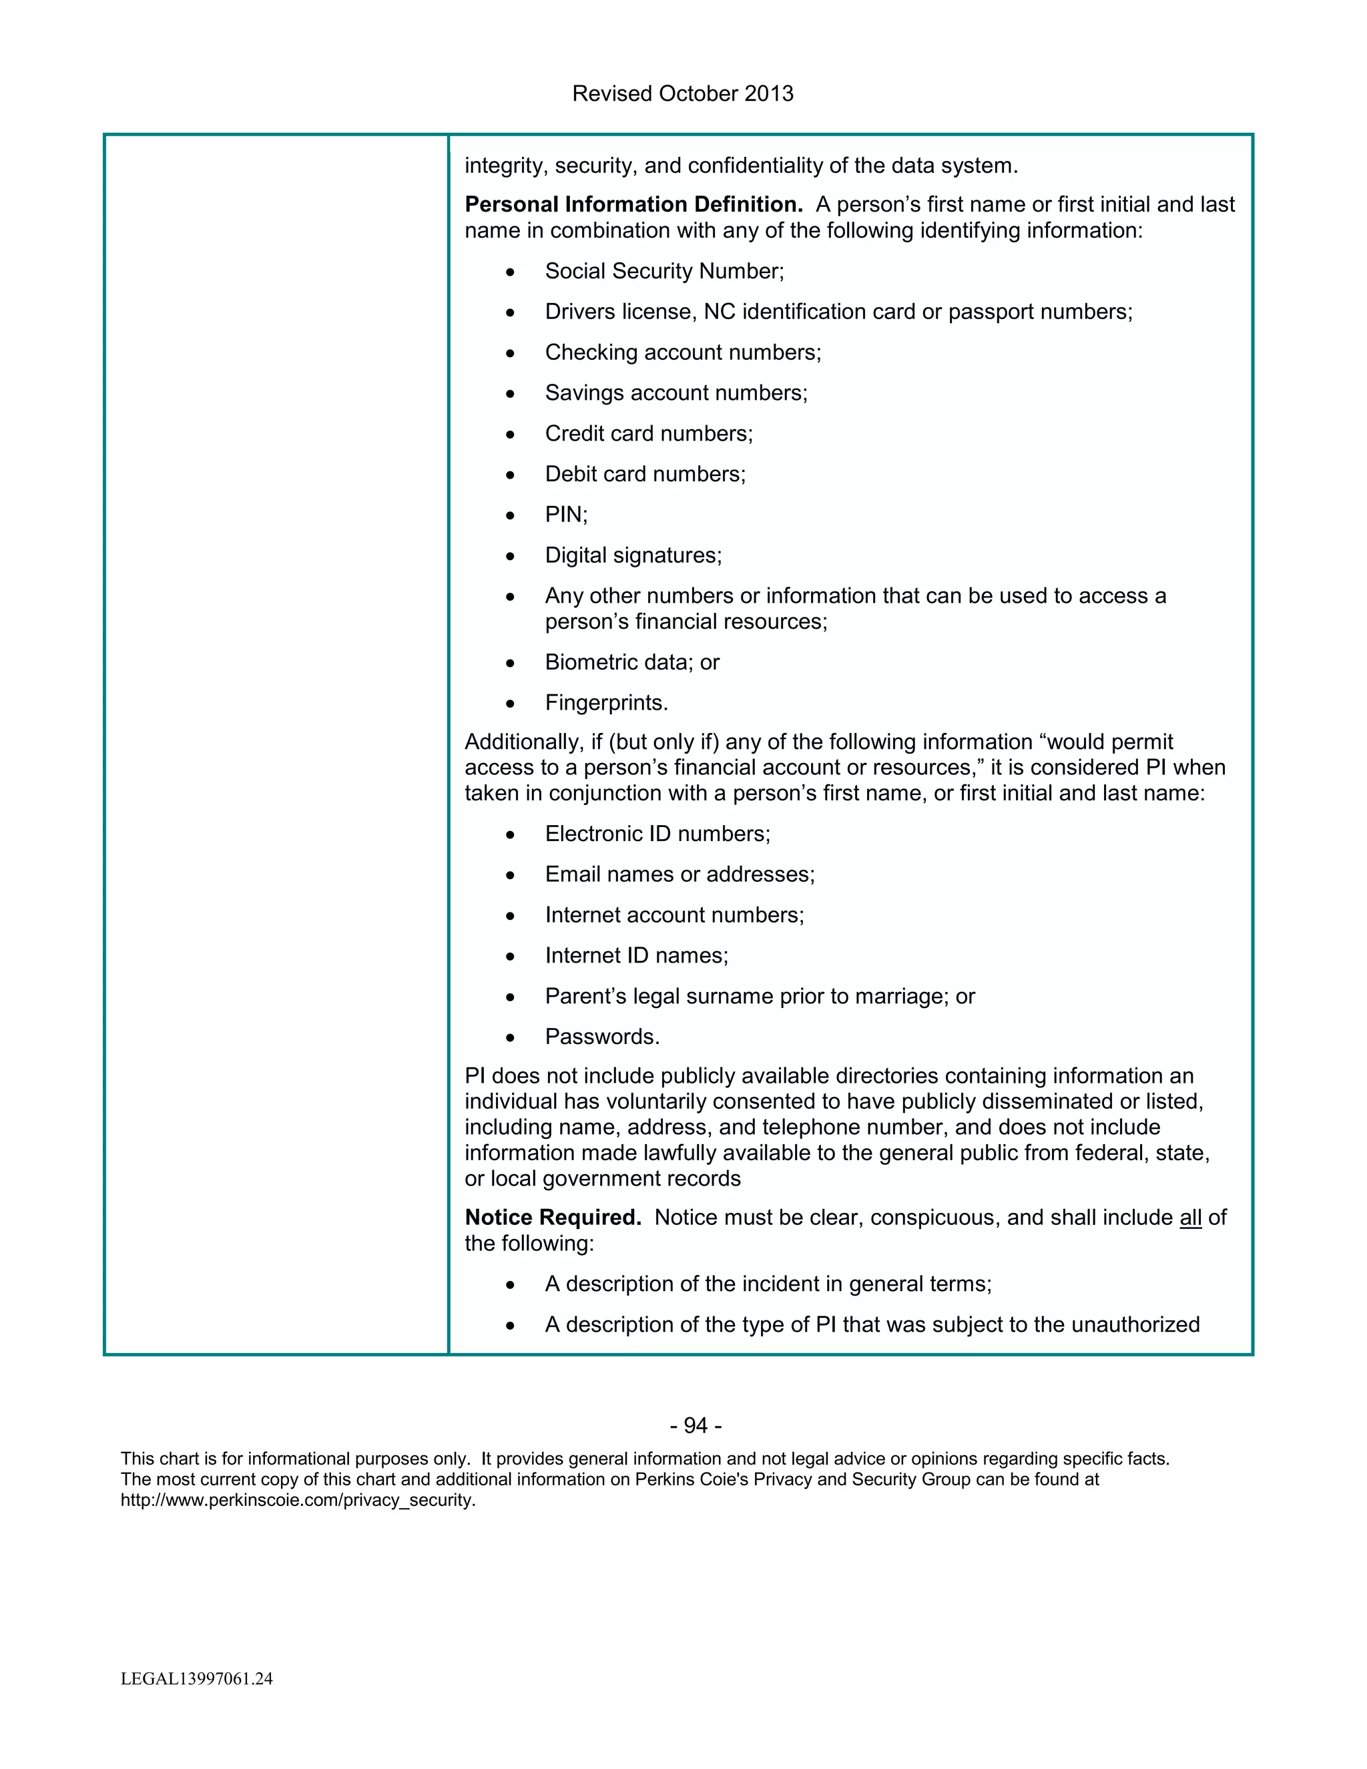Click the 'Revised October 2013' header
pyautogui.click(x=683, y=94)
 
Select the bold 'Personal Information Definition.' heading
pyautogui.click(x=633, y=205)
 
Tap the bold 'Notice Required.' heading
pyautogui.click(x=552, y=1218)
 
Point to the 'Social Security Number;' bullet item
pyautogui.click(x=664, y=271)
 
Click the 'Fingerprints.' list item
pyautogui.click(x=607, y=702)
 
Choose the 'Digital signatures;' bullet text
pyautogui.click(x=633, y=555)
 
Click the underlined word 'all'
pyautogui.click(x=1191, y=1218)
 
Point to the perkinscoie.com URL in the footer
pyautogui.click(x=298, y=1500)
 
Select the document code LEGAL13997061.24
pyautogui.click(x=197, y=1679)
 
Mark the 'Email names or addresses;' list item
pyautogui.click(x=679, y=874)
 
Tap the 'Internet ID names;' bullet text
pyautogui.click(x=637, y=956)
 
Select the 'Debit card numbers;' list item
pyautogui.click(x=645, y=474)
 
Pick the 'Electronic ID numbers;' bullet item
pyautogui.click(x=657, y=834)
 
